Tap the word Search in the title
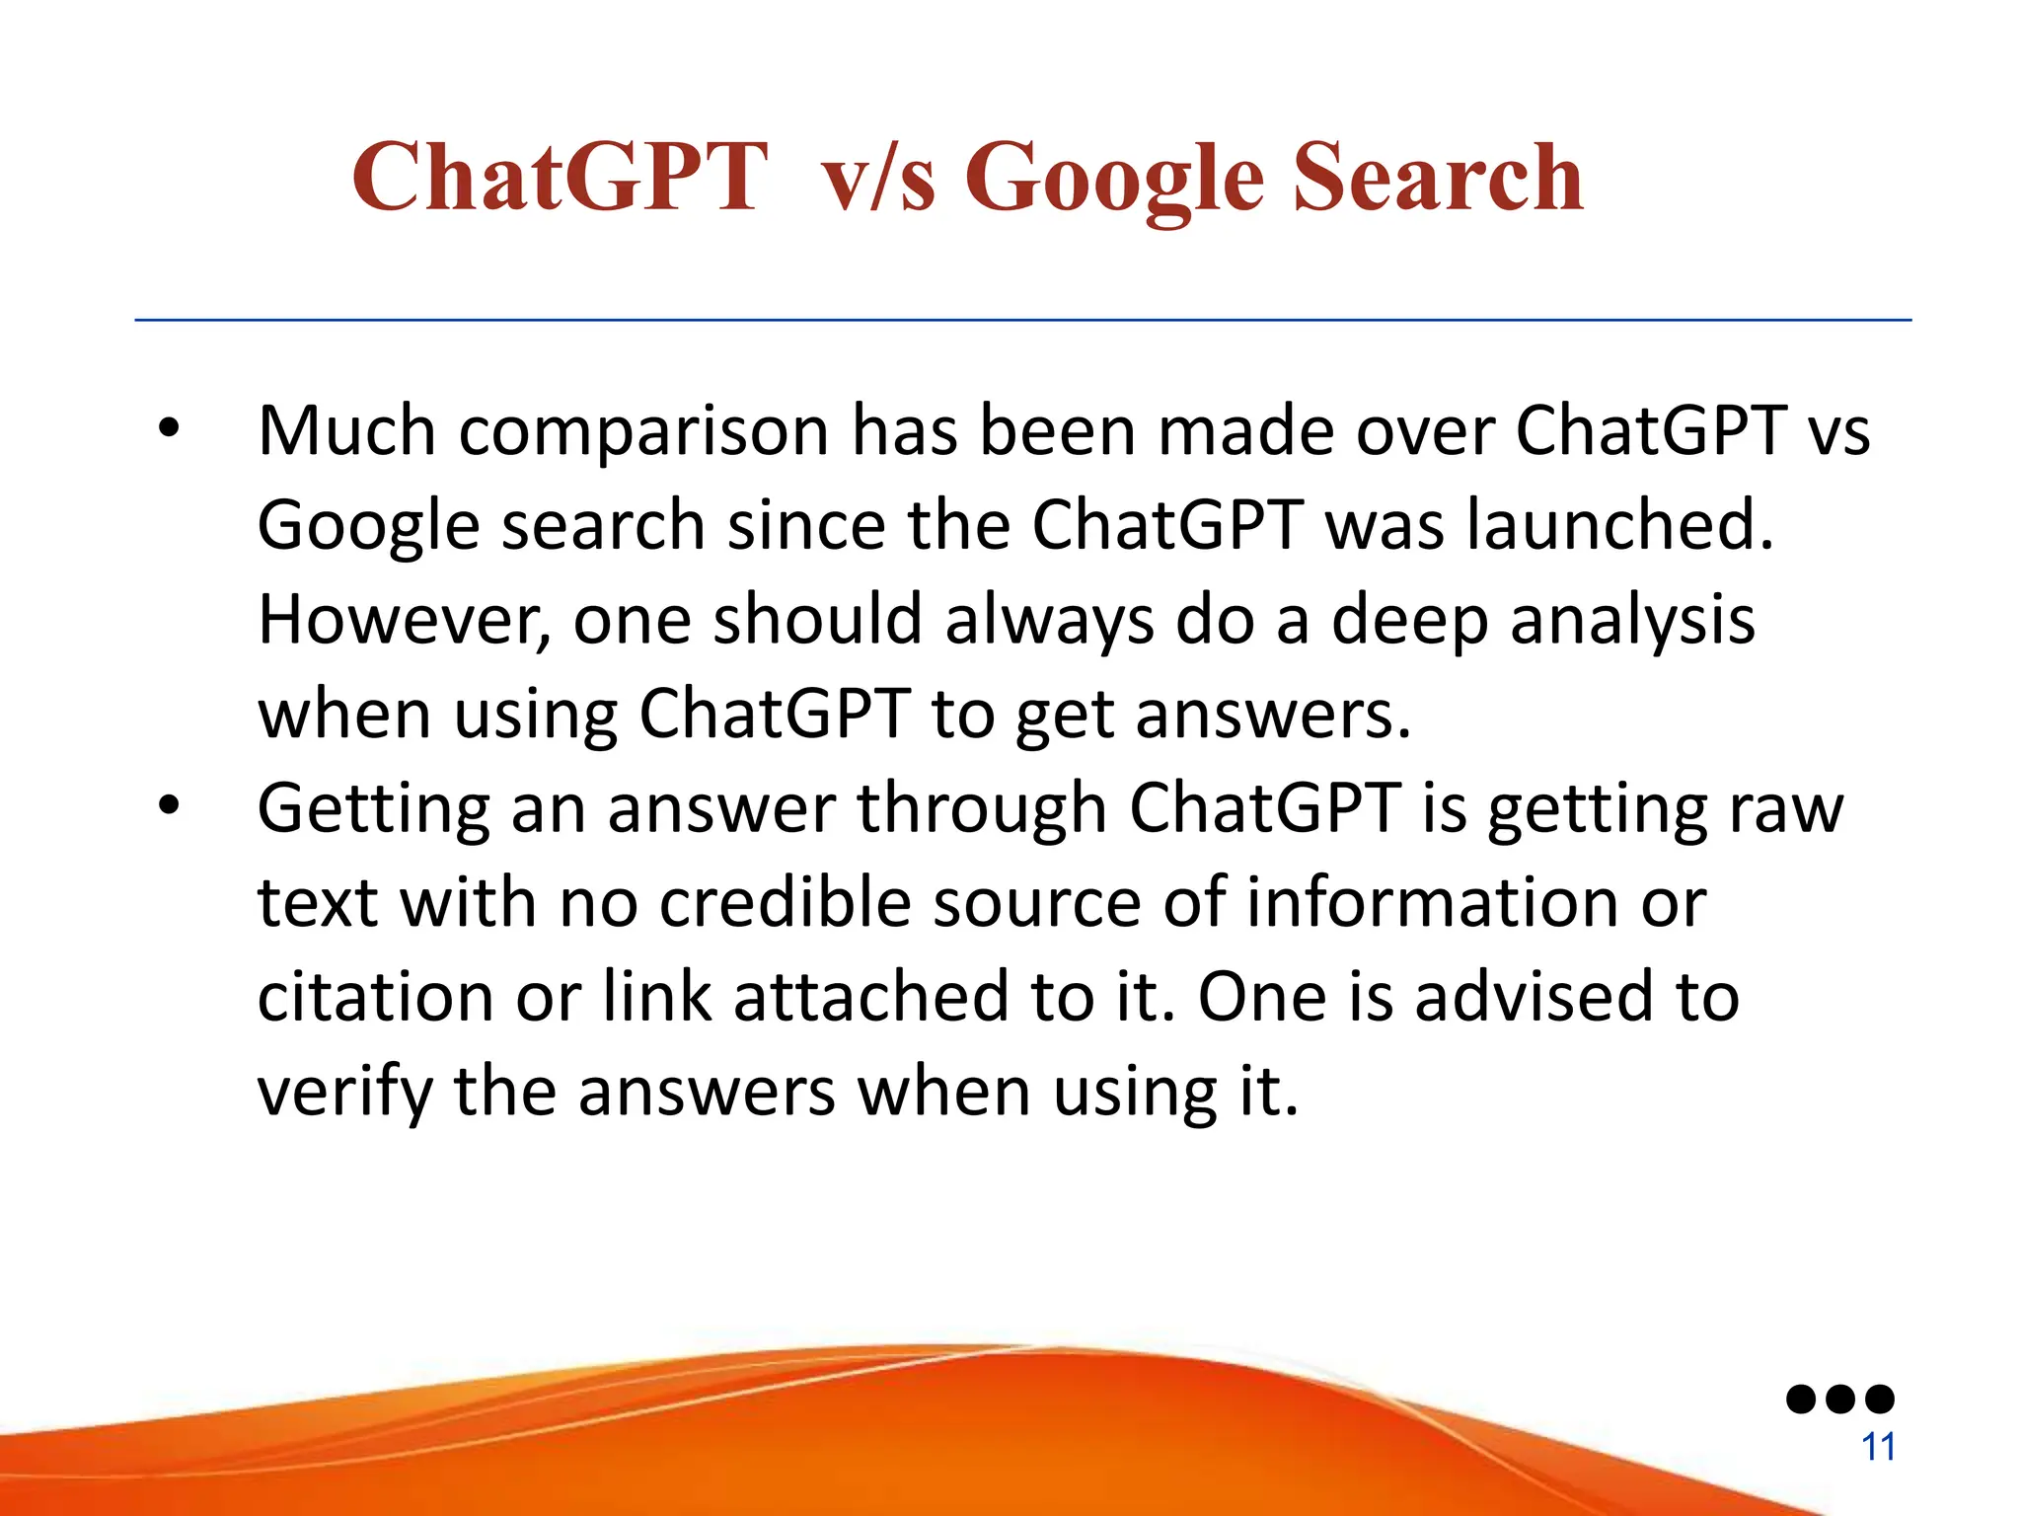(x=1438, y=178)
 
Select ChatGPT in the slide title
(x=560, y=178)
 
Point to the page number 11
(x=1878, y=1447)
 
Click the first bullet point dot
(x=170, y=428)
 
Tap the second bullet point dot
(x=170, y=805)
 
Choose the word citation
(x=374, y=997)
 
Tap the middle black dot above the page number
(x=1840, y=1399)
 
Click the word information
(x=1432, y=902)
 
